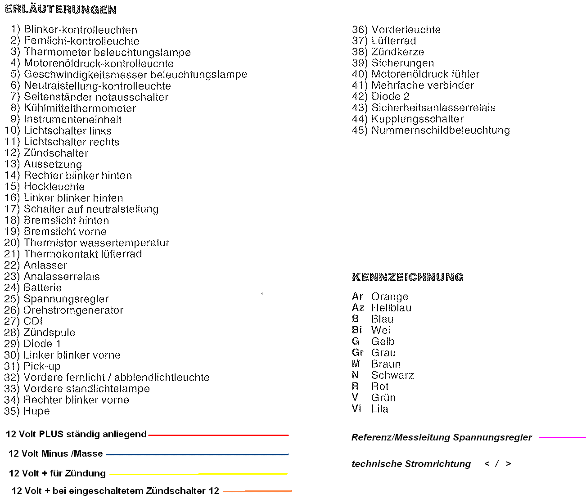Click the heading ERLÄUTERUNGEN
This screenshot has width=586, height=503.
tap(61, 9)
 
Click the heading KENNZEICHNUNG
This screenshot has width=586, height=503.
tap(408, 277)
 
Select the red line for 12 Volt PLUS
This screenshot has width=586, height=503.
tap(218, 435)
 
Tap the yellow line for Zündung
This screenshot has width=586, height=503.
tap(198, 474)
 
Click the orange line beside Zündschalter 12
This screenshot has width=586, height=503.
tap(257, 491)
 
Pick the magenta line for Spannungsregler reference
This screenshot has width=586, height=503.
tap(562, 437)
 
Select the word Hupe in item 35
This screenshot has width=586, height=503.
tap(36, 411)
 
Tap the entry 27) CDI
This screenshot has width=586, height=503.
tap(23, 321)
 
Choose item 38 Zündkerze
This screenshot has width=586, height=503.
tap(388, 52)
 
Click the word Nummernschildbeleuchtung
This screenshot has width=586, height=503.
tap(440, 130)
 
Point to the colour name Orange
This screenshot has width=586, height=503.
tap(390, 297)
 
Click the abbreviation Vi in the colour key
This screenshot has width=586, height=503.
tap(356, 409)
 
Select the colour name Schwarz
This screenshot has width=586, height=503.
tap(392, 375)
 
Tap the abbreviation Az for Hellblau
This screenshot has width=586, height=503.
tap(358, 308)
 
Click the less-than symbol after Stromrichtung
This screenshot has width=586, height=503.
tap(487, 464)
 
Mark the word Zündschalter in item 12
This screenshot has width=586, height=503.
tap(56, 153)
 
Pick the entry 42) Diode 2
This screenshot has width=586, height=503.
tap(381, 97)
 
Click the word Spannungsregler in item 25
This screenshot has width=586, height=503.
tap(66, 299)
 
